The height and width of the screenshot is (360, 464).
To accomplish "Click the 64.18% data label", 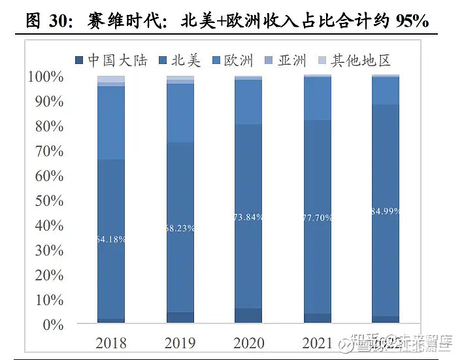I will pyautogui.click(x=111, y=239).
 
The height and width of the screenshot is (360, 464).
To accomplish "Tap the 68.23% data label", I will pyautogui.click(x=180, y=229).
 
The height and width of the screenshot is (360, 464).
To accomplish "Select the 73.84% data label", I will pyautogui.click(x=248, y=217).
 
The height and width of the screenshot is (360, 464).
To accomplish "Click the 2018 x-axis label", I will pyautogui.click(x=111, y=342).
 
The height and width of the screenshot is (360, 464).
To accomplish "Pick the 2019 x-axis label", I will pyautogui.click(x=180, y=342).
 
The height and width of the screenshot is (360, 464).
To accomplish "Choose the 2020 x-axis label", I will pyautogui.click(x=248, y=342).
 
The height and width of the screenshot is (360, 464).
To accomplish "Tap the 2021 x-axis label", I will pyautogui.click(x=317, y=342).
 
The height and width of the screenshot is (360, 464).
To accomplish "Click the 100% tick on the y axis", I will pyautogui.click(x=46, y=77).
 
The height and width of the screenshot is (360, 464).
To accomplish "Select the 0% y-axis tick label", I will pyautogui.click(x=53, y=325).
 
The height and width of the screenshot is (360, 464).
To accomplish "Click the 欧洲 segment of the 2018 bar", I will pyautogui.click(x=111, y=123).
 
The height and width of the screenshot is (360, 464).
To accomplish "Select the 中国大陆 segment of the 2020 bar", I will pyautogui.click(x=248, y=315).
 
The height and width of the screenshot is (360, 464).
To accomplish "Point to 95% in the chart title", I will pyautogui.click(x=412, y=21).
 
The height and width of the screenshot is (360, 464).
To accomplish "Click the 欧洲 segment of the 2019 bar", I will pyautogui.click(x=180, y=113).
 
